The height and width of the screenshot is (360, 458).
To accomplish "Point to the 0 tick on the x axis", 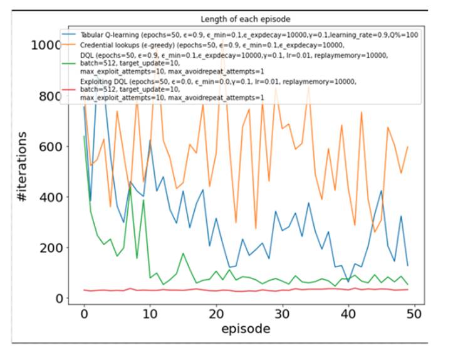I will click(84, 312).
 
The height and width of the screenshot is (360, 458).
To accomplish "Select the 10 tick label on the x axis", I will click(150, 312).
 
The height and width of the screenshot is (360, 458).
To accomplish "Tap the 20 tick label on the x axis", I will click(216, 312).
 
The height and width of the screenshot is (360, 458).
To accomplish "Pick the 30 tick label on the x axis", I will click(283, 312).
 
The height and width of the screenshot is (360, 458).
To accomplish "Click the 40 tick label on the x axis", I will click(349, 312).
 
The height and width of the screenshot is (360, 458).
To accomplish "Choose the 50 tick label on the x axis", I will click(415, 312).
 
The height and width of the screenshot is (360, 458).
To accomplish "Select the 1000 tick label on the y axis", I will click(49, 46).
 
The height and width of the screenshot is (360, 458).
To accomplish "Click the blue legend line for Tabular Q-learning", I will click(69, 35).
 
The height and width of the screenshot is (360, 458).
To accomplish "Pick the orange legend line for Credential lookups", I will click(69, 45).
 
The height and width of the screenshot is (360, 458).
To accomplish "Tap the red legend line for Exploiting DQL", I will click(69, 90).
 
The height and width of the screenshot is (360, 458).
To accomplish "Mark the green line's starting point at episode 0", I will click(84, 136).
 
